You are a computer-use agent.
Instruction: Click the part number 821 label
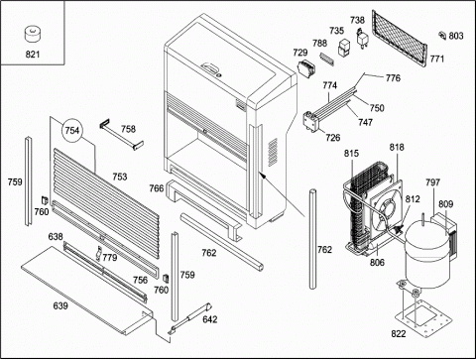pos(33,55)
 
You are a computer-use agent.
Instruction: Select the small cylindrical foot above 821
pos(33,35)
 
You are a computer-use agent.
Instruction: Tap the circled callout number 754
pos(72,130)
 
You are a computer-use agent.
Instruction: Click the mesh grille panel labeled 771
pos(399,39)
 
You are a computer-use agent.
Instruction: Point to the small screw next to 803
pos(442,35)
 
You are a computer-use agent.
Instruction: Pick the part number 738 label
pos(357,20)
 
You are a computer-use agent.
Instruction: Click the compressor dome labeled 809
pos(427,255)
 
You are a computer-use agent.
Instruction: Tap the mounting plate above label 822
pos(423,317)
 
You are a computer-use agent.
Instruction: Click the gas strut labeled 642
pos(191,318)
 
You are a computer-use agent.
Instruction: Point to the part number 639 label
pos(60,305)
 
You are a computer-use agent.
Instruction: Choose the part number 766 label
pos(157,188)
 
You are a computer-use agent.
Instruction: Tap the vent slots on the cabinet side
pos(273,152)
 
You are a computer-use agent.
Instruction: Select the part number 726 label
pos(333,138)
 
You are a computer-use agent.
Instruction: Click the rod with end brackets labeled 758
pos(122,136)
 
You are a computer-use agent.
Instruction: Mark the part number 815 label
pos(351,154)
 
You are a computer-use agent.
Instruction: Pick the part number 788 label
pos(319,43)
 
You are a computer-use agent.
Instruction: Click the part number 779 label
pos(110,257)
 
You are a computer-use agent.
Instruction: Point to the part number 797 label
pos(432,182)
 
